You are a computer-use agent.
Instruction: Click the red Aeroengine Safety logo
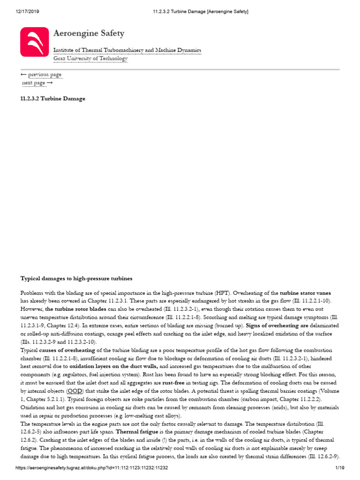pyautogui.click(x=34, y=42)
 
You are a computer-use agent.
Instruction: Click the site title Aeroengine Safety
pyautogui.click(x=89, y=33)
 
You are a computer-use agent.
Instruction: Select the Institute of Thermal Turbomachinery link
pyautogui.click(x=127, y=50)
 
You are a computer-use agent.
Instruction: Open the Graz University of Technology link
pyautogui.click(x=90, y=58)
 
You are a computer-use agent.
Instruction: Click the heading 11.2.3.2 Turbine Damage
pyautogui.click(x=53, y=99)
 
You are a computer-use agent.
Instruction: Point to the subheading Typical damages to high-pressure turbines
pyautogui.click(x=76, y=278)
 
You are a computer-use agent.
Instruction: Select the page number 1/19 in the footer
pyautogui.click(x=340, y=469)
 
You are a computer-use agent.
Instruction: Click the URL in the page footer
pyautogui.click(x=91, y=469)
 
